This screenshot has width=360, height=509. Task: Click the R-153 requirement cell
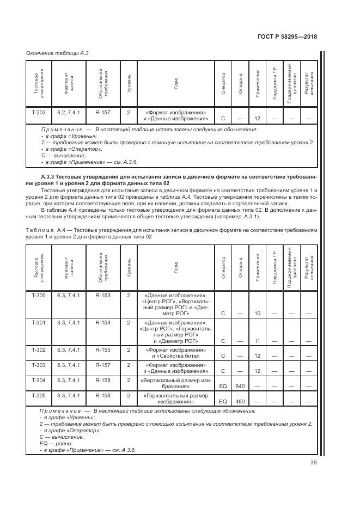(x=103, y=295)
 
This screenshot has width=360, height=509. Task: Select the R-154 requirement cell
(x=103, y=322)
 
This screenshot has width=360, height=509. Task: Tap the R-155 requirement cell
(x=103, y=349)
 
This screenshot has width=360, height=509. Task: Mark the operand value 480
(x=240, y=402)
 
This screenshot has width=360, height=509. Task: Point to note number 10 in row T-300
(x=258, y=314)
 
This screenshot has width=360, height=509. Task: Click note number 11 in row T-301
(x=258, y=341)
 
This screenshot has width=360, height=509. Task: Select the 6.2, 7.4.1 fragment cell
(x=69, y=112)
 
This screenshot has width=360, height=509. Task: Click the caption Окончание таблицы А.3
(x=58, y=53)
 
